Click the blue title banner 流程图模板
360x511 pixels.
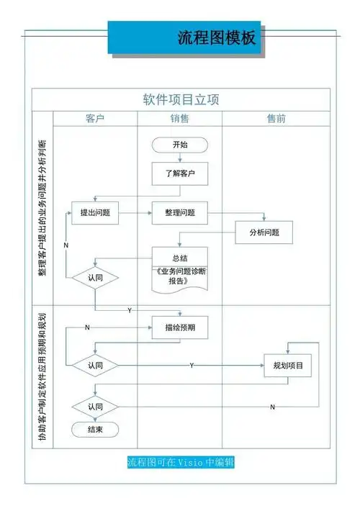click(185, 37)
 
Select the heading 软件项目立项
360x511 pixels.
click(181, 100)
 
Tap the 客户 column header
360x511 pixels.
click(95, 119)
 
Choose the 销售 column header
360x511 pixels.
click(180, 119)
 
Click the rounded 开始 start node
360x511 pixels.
click(180, 145)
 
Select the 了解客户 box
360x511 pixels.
click(180, 173)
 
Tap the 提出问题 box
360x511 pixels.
click(95, 213)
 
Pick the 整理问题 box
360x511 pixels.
click(180, 213)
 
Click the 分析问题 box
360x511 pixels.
click(264, 232)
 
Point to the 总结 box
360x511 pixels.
click(179, 258)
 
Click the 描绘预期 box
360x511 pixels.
click(180, 327)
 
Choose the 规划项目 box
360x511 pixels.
click(288, 366)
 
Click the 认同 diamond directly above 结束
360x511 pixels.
click(95, 407)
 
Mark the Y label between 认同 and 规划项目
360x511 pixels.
click(192, 366)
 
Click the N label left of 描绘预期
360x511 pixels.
click(87, 327)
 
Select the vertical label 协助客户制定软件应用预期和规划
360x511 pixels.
click(42, 377)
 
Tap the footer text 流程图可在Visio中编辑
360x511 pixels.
click(180, 462)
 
